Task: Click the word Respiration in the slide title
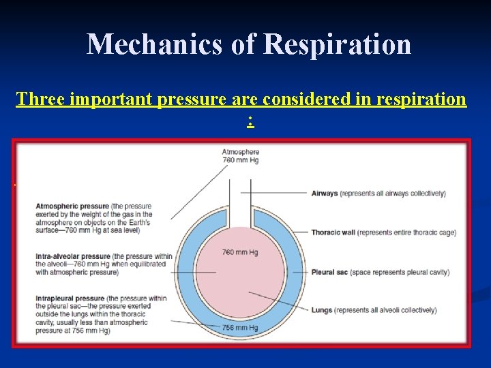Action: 338,45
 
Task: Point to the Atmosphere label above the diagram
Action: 240,151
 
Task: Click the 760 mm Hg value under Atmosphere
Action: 240,160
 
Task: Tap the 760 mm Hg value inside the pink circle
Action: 240,252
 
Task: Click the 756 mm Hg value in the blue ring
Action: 240,328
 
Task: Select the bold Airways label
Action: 325,194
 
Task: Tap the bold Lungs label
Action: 322,311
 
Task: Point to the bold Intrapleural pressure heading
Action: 67,298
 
